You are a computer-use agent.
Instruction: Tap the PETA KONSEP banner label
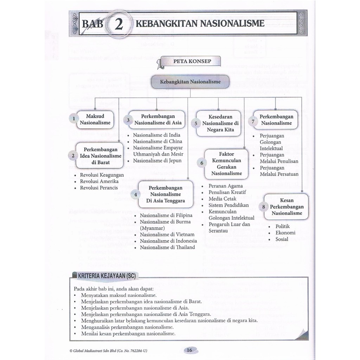tap(192, 61)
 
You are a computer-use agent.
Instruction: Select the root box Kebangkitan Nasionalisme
tap(190, 82)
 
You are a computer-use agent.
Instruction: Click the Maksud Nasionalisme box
tap(95, 120)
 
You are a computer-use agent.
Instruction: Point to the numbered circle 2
tap(73, 156)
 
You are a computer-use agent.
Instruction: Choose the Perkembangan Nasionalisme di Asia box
tap(158, 120)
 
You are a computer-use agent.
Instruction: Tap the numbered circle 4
tap(136, 194)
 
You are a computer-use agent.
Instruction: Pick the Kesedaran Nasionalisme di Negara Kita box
tap(220, 123)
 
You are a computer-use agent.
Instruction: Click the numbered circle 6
tap(202, 163)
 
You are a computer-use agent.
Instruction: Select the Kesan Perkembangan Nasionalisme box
tap(287, 207)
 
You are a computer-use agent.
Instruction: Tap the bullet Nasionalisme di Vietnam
tap(167, 234)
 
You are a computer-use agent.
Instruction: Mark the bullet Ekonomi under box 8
tap(285, 233)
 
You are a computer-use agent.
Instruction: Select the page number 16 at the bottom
tap(189, 350)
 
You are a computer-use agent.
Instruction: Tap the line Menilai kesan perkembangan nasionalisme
tap(128, 334)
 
